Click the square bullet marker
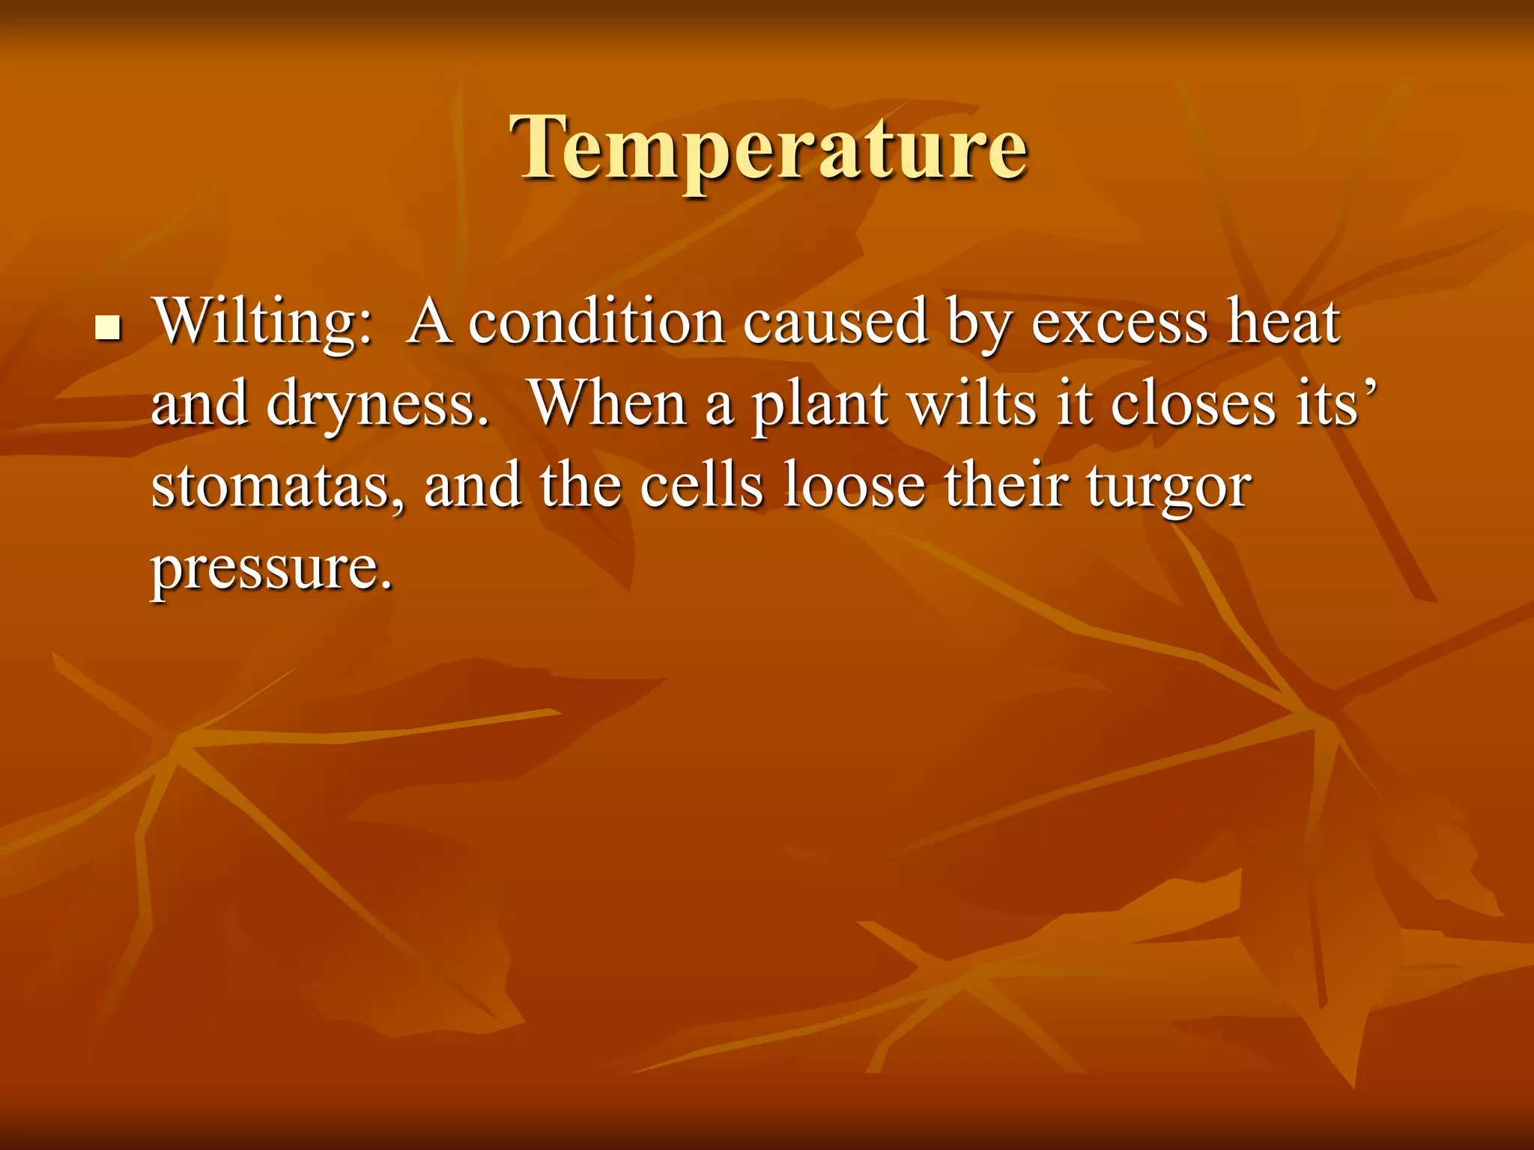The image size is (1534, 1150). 109,328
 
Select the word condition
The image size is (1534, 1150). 596,322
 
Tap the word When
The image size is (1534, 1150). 608,404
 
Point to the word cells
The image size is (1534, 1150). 701,487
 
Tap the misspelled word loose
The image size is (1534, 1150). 854,487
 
